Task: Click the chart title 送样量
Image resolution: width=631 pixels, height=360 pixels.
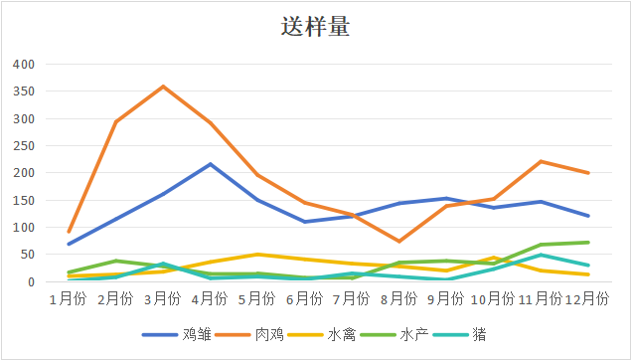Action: click(x=315, y=27)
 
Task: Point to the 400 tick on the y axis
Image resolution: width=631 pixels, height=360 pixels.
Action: click(x=23, y=65)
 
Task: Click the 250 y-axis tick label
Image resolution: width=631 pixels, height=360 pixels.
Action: click(x=23, y=146)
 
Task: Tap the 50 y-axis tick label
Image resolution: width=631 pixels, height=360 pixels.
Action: click(x=27, y=255)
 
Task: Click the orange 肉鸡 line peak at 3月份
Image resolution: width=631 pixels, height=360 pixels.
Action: click(x=163, y=87)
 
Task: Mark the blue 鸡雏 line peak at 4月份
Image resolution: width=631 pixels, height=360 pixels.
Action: click(x=211, y=164)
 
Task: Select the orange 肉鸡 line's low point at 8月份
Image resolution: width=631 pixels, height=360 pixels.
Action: click(x=398, y=242)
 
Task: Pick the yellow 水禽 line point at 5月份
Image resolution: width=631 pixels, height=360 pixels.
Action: click(x=257, y=255)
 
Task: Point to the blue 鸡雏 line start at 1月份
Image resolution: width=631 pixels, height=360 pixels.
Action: click(x=69, y=244)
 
